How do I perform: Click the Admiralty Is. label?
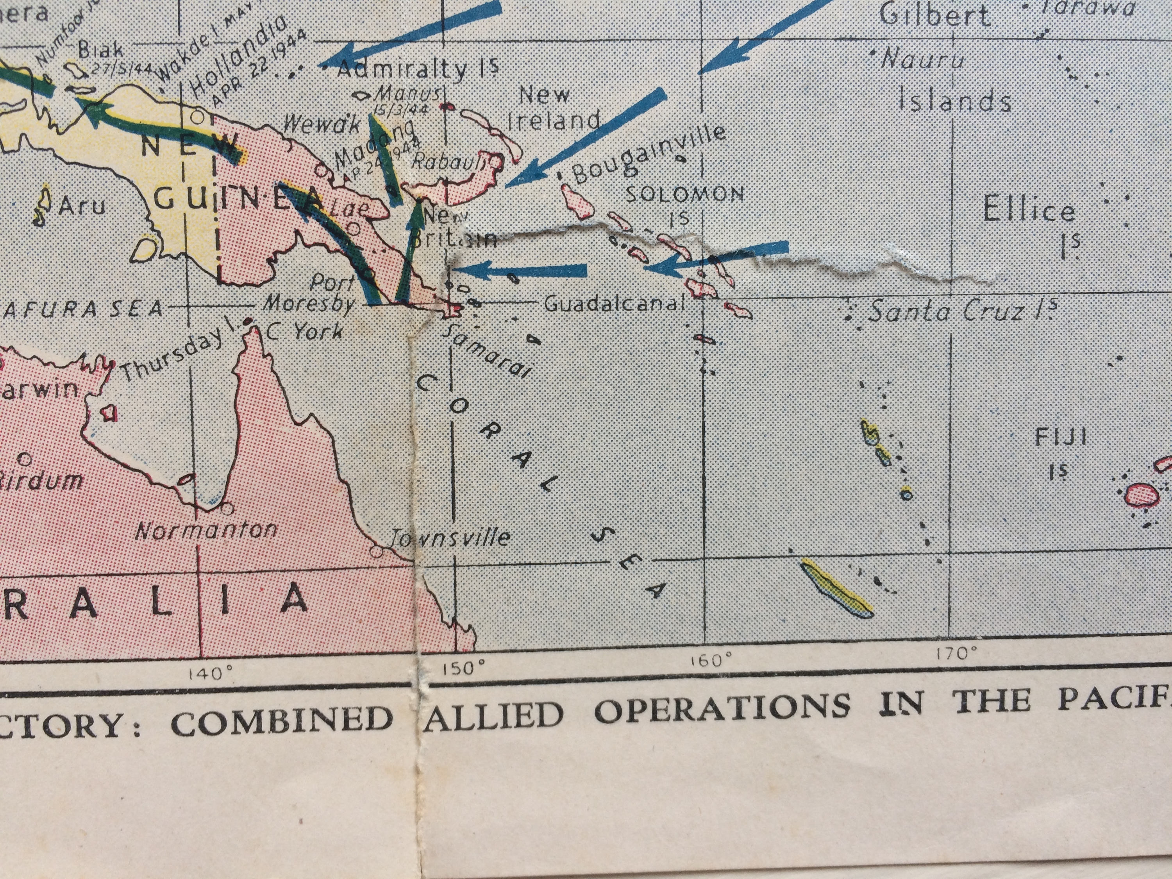tap(418, 68)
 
